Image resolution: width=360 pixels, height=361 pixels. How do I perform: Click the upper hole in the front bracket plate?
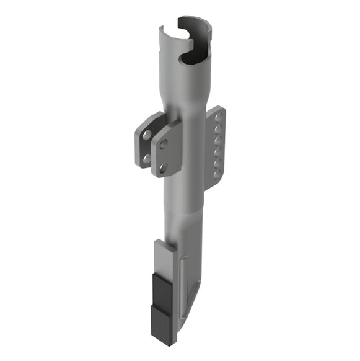(x=164, y=144)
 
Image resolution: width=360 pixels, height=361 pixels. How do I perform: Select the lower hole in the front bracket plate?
(x=162, y=167)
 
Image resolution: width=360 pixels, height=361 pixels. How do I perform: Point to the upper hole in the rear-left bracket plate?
(x=146, y=134)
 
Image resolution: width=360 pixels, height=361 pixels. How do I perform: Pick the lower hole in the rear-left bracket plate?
(x=146, y=158)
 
